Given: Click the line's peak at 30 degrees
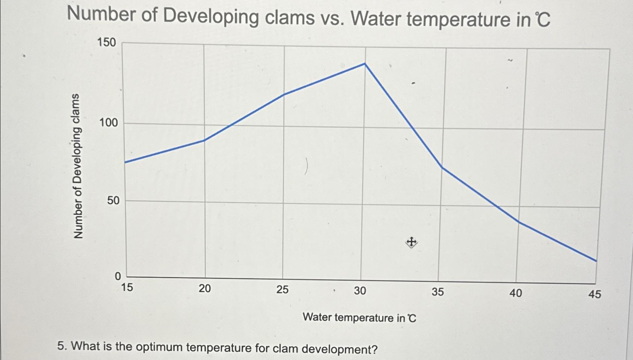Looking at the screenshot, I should (x=365, y=64).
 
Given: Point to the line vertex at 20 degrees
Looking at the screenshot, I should (x=204, y=140).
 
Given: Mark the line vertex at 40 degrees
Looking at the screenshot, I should (x=519, y=222).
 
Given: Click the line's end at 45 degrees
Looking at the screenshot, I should (x=596, y=261).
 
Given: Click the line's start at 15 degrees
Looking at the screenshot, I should (x=125, y=162).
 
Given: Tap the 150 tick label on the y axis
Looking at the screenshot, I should (x=107, y=42).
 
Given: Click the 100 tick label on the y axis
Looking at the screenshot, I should (x=108, y=123).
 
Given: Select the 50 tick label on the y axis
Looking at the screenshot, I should (x=113, y=200).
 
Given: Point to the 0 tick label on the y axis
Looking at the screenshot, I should (x=118, y=277).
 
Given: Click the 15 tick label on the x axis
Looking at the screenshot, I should (x=127, y=288).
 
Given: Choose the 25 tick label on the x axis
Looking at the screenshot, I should (x=283, y=289).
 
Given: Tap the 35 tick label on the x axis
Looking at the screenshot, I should (x=437, y=292).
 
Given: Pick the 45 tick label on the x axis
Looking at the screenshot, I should (x=594, y=294).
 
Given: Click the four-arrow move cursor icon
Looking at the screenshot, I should (x=411, y=242).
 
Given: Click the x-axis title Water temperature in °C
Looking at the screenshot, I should (x=360, y=318).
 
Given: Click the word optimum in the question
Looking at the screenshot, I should (x=159, y=347).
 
